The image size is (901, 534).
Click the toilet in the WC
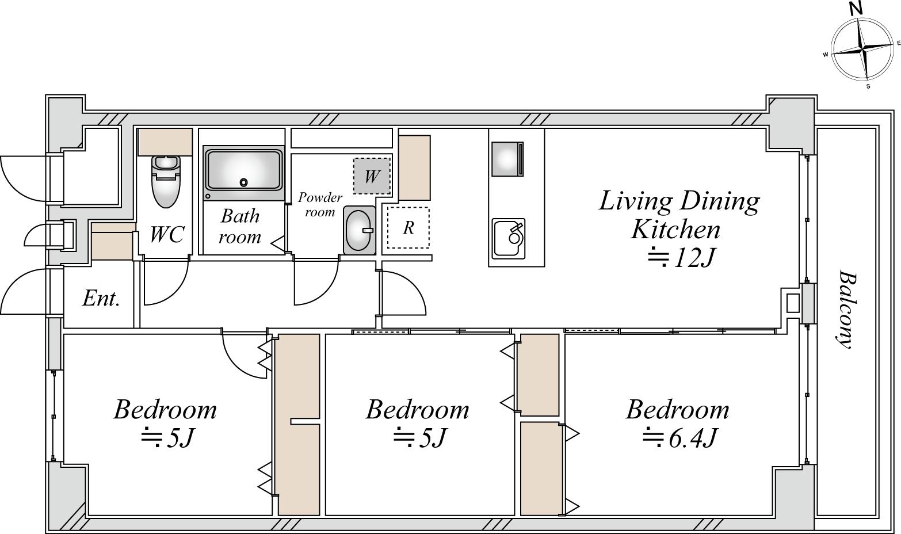pyautogui.click(x=166, y=181)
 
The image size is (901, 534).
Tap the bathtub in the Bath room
pyautogui.click(x=244, y=173)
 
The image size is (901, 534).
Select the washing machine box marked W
pyautogui.click(x=372, y=176)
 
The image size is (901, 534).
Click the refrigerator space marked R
pyautogui.click(x=408, y=227)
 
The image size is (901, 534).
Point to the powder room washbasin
pyautogui.click(x=359, y=230)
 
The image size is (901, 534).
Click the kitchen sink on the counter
pyautogui.click(x=509, y=238)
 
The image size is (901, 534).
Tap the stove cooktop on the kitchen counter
pyautogui.click(x=507, y=159)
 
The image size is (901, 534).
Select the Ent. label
pyautogui.click(x=101, y=299)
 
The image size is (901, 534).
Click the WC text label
pyautogui.click(x=167, y=234)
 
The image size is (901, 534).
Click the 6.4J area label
pyautogui.click(x=679, y=437)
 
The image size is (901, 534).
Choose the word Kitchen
pyautogui.click(x=675, y=230)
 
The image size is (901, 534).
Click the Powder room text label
pyautogui.click(x=320, y=204)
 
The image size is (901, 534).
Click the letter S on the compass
pyautogui.click(x=868, y=86)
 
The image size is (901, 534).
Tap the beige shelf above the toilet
pyautogui.click(x=165, y=142)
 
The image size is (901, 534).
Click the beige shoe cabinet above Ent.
pyautogui.click(x=112, y=242)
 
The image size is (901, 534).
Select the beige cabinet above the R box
pyautogui.click(x=415, y=168)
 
